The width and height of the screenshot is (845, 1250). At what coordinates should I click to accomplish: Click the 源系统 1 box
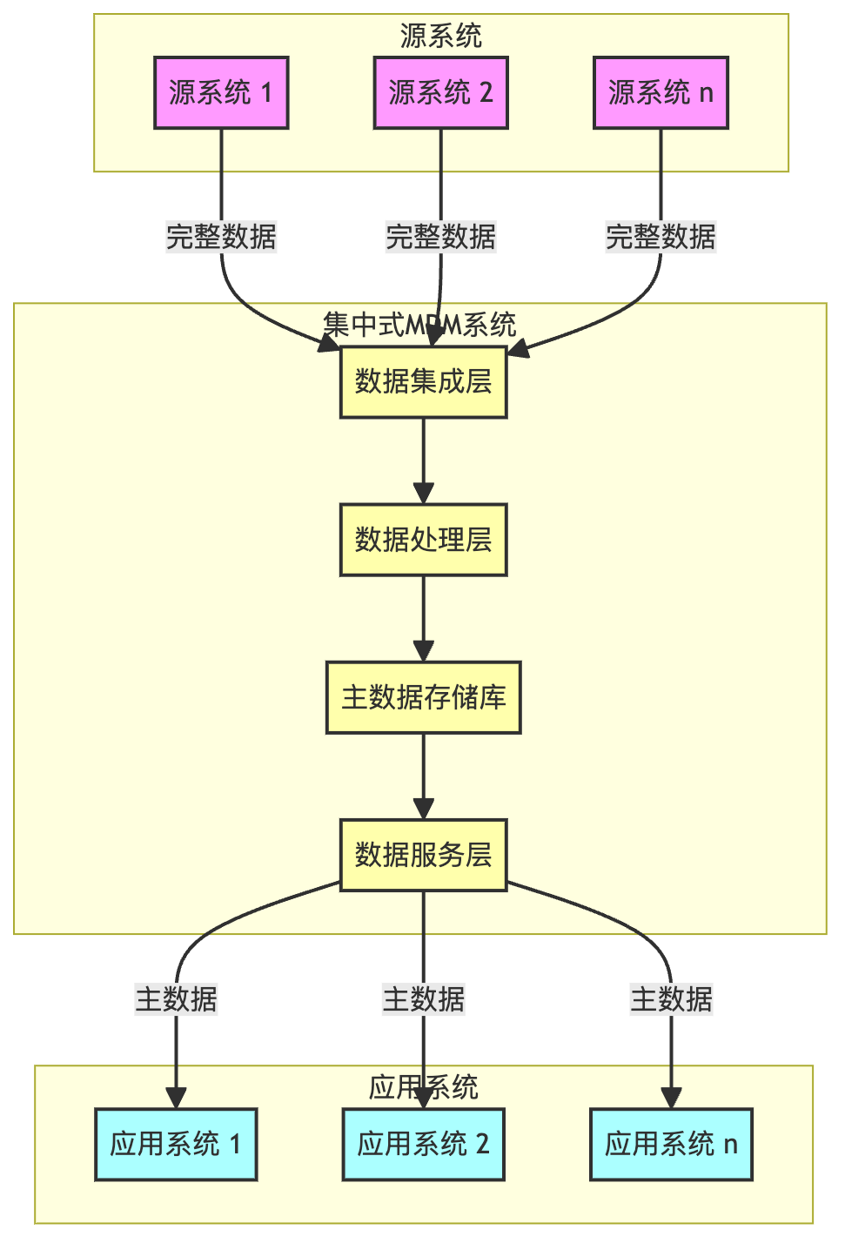tap(221, 93)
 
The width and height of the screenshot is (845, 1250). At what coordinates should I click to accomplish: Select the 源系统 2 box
tap(440, 93)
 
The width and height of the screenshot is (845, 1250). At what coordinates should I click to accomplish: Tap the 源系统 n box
tap(661, 93)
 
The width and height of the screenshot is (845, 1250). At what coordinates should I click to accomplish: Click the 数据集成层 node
tap(423, 382)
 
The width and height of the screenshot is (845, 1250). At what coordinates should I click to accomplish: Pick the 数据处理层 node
tap(423, 540)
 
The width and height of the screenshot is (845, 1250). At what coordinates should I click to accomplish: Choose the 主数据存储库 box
tap(423, 697)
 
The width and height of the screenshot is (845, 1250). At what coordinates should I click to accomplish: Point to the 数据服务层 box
tap(423, 855)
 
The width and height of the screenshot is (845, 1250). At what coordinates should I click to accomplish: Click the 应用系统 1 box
tap(176, 1144)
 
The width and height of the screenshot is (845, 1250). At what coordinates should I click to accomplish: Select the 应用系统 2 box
tap(423, 1144)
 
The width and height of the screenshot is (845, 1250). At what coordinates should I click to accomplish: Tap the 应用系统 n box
tap(671, 1144)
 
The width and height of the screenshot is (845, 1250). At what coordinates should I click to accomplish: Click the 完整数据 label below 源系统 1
tap(221, 237)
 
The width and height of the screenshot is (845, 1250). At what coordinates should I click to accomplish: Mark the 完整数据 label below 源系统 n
tap(661, 237)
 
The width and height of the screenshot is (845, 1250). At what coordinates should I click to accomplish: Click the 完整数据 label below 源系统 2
tap(440, 237)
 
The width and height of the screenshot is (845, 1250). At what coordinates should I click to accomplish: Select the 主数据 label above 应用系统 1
tap(176, 999)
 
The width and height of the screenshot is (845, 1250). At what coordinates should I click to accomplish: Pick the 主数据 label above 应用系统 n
tap(671, 999)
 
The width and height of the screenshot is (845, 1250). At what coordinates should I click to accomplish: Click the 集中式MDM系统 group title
tap(419, 325)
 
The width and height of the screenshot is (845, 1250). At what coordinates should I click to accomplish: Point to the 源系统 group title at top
tap(440, 36)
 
